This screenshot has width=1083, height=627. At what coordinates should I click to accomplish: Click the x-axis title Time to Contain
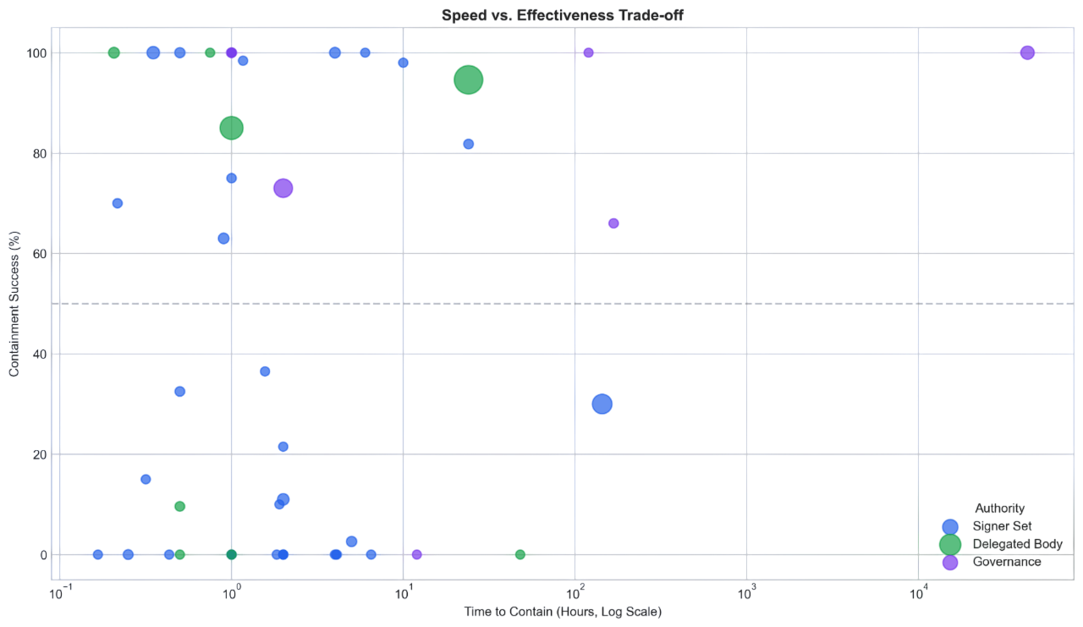click(562, 612)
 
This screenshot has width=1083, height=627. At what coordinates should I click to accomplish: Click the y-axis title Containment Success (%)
click(14, 303)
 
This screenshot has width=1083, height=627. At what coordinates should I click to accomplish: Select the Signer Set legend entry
click(1002, 526)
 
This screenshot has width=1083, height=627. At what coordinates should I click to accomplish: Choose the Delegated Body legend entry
click(1016, 544)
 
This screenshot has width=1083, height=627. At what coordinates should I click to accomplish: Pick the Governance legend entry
click(1006, 562)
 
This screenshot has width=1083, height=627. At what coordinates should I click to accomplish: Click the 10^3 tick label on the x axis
click(746, 592)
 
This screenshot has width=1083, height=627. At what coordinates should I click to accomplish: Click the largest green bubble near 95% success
click(468, 80)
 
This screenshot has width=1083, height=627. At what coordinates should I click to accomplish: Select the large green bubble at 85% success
click(231, 129)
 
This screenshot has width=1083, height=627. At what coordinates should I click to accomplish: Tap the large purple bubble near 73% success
click(283, 189)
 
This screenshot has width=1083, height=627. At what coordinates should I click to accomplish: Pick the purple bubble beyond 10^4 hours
click(1027, 52)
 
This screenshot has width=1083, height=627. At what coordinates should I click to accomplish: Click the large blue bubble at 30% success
click(602, 404)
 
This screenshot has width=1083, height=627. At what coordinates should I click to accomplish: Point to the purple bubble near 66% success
click(613, 223)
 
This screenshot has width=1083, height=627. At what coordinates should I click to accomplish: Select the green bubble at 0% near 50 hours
click(520, 555)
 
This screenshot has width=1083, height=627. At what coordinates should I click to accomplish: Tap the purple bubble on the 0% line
click(416, 555)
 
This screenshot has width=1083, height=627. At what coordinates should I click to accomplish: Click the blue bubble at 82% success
click(469, 144)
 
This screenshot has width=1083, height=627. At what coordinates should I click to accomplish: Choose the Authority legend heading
click(999, 509)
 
